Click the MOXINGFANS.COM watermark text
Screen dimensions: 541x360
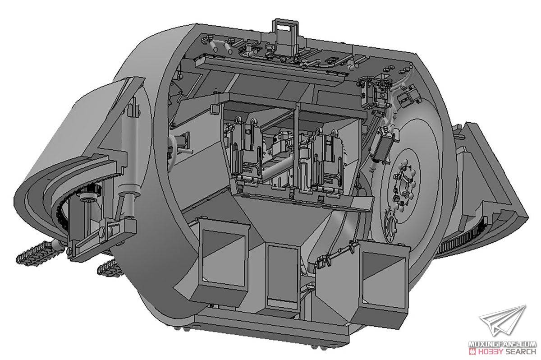(502, 344)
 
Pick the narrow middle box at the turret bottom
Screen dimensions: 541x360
(282, 276)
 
